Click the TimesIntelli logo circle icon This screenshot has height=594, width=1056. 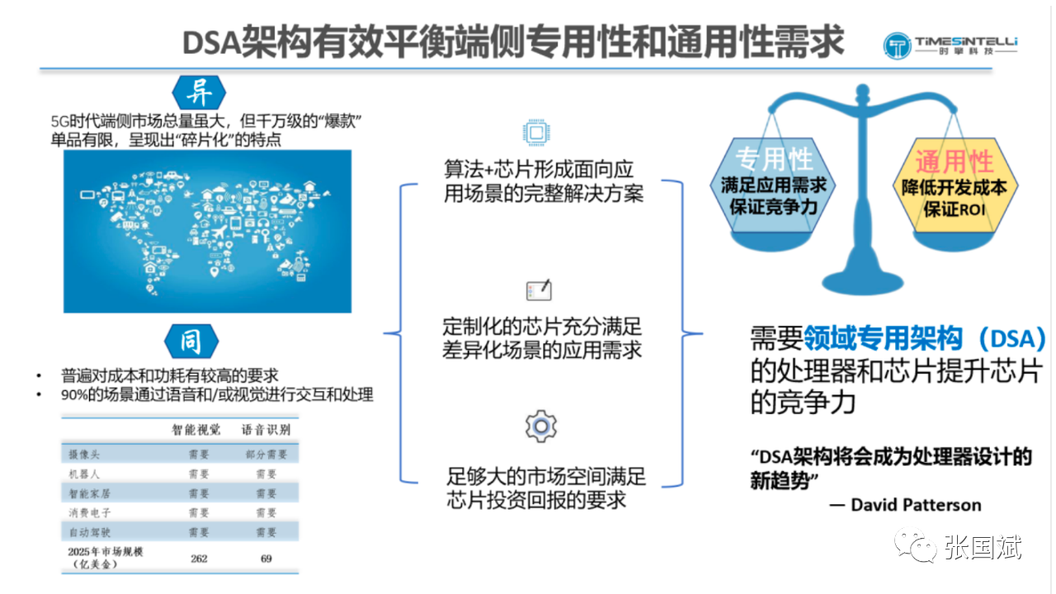[897, 45]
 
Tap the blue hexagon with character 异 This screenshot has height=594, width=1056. [199, 92]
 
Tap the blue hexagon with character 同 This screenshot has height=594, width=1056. [191, 341]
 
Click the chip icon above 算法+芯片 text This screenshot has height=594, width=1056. [536, 133]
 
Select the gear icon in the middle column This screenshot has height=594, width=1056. [540, 427]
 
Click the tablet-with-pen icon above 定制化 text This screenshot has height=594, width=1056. [539, 290]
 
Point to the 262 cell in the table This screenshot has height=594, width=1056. [199, 559]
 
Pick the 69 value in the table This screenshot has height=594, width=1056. [266, 559]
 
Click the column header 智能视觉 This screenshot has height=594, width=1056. [196, 430]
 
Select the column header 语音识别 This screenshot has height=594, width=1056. [266, 430]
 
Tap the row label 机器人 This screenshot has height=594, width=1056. [84, 474]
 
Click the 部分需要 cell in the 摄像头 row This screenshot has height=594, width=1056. [266, 455]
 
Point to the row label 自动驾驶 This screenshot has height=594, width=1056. [90, 532]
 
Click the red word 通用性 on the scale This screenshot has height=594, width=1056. [955, 162]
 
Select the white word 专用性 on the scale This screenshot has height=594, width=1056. [775, 158]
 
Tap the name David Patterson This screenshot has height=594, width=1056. [916, 505]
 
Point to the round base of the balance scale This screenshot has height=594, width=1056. [863, 283]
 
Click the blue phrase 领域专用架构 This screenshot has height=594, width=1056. [883, 338]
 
